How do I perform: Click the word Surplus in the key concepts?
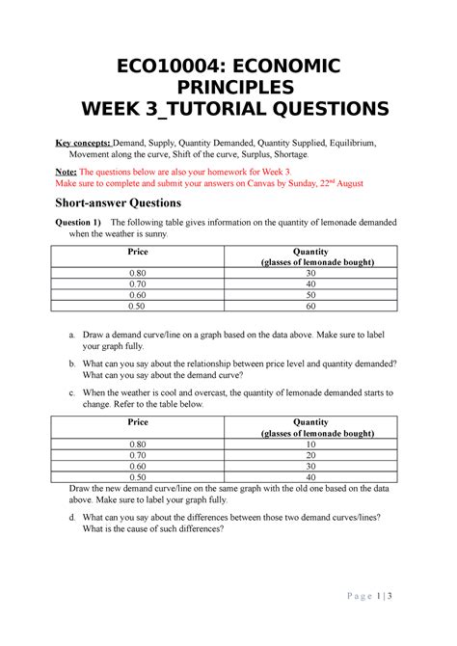pyautogui.click(x=242, y=153)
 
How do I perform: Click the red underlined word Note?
pyautogui.click(x=69, y=169)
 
